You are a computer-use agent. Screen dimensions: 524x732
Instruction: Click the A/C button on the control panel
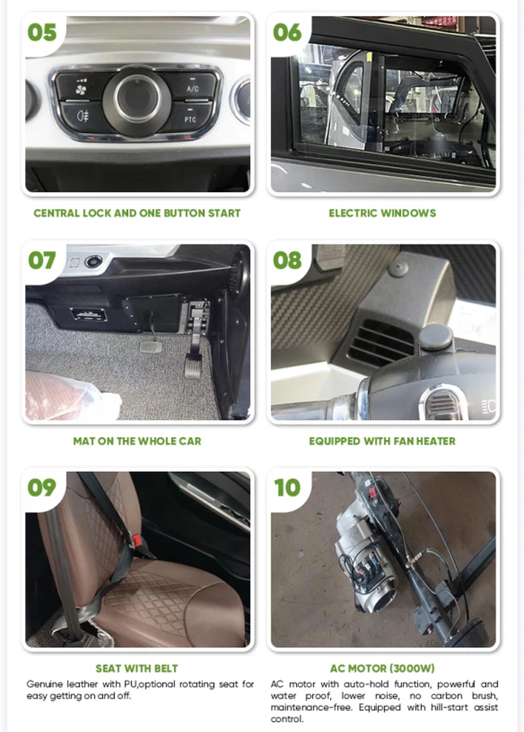tap(193, 86)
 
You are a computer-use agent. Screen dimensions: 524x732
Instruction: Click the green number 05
tap(41, 33)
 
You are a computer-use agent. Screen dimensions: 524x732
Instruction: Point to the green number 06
tap(287, 33)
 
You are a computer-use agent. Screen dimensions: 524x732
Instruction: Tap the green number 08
tap(287, 261)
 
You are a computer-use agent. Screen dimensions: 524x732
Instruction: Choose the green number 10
tap(287, 488)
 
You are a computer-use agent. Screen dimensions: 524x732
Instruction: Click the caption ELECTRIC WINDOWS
tap(382, 213)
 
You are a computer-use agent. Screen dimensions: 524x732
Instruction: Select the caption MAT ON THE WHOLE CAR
tap(137, 441)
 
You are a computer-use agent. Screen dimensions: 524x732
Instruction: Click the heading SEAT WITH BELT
tap(137, 668)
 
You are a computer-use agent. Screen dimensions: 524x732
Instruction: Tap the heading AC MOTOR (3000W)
tap(382, 668)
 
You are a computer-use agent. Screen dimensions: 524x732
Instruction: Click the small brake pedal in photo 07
tap(151, 347)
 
